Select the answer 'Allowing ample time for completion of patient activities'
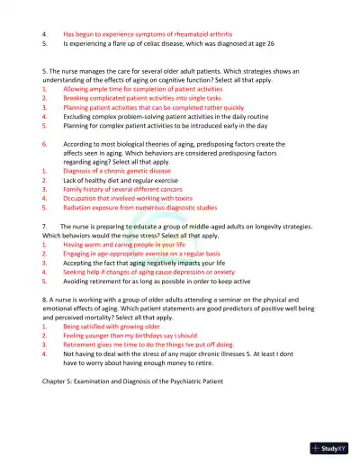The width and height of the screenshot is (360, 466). coord(142,88)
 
